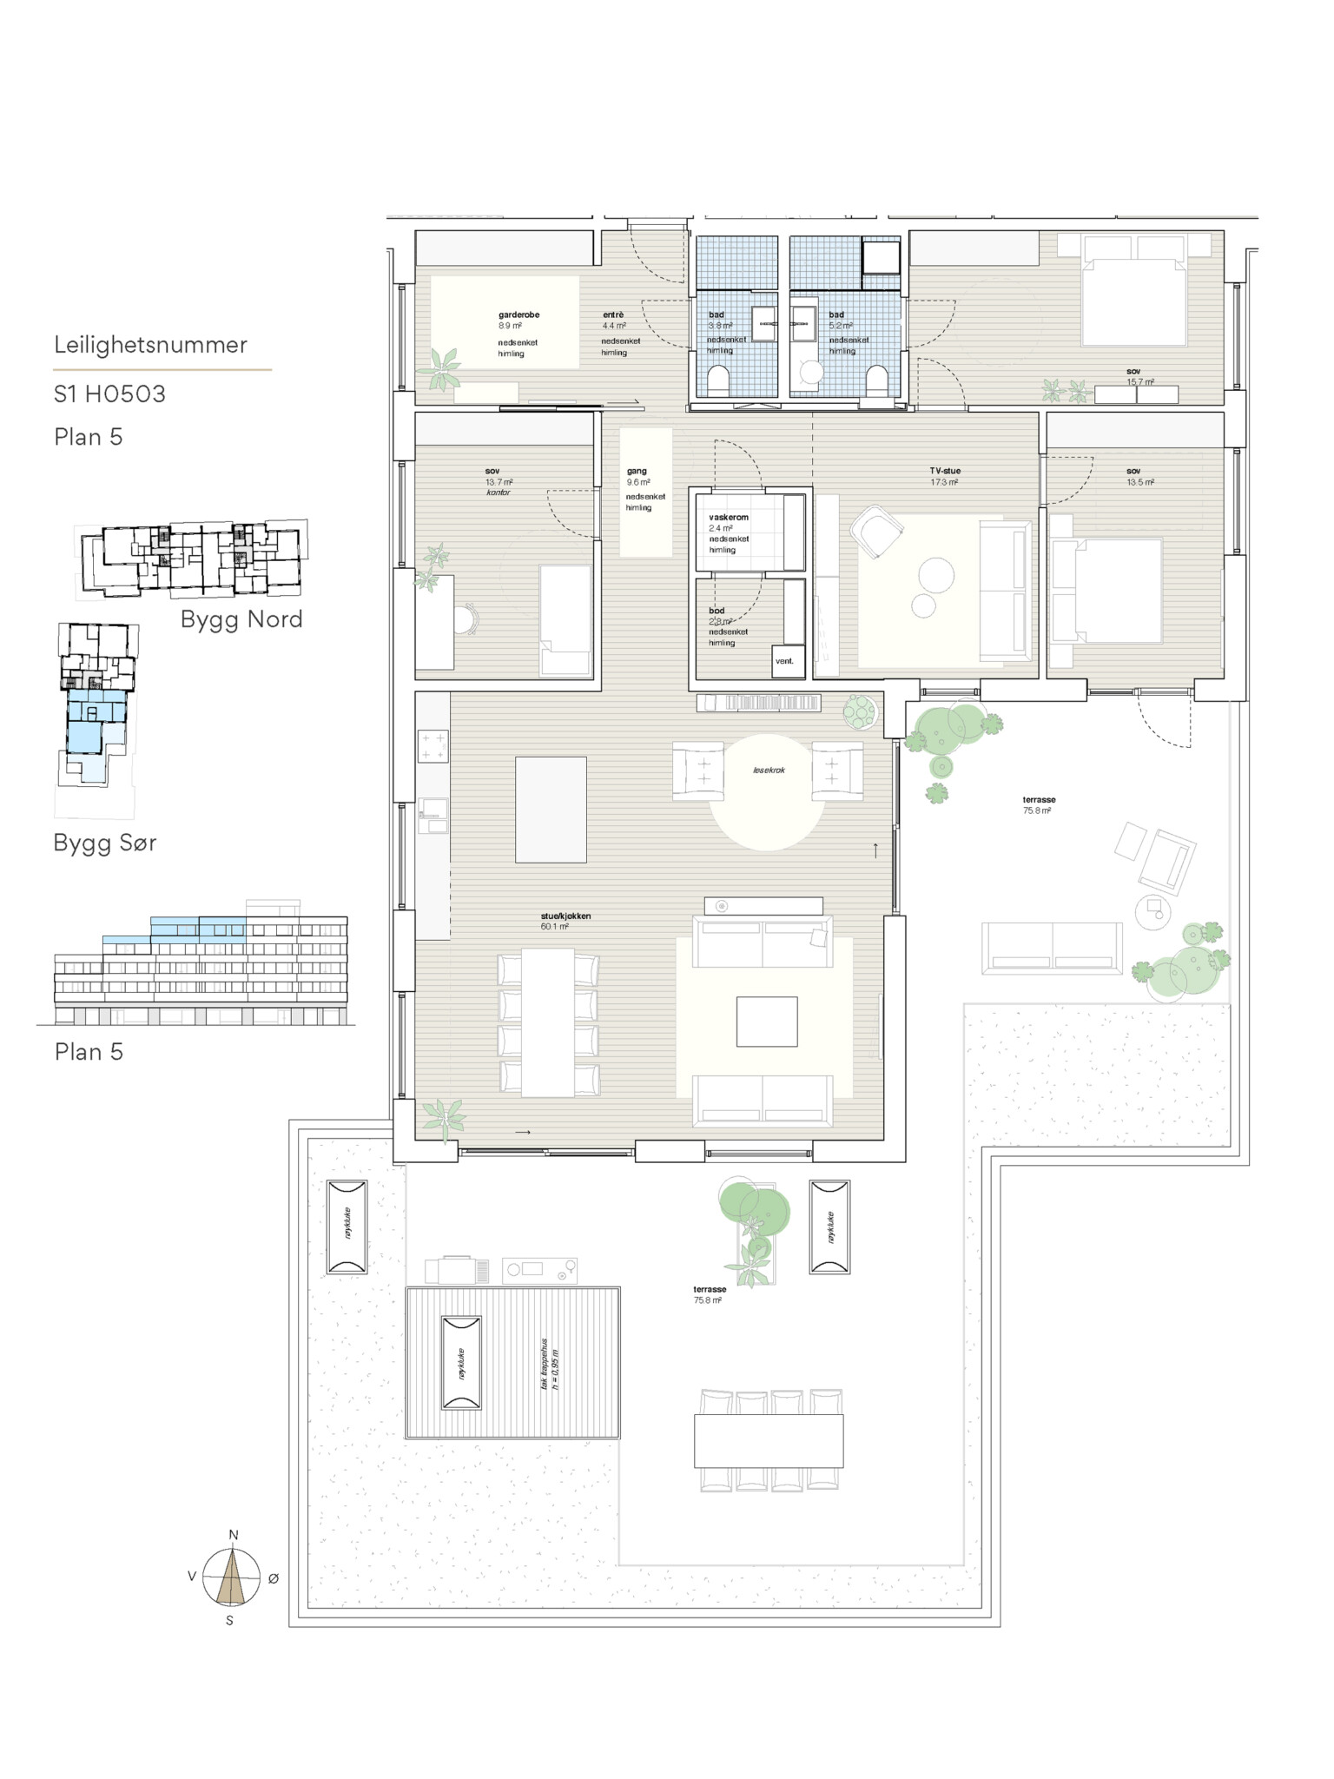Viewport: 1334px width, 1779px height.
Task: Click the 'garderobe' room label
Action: click(x=518, y=315)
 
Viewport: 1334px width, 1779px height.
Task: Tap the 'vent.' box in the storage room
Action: click(x=784, y=661)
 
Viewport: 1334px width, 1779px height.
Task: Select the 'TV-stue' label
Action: click(x=945, y=471)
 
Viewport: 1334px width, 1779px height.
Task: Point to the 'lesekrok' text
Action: click(x=769, y=770)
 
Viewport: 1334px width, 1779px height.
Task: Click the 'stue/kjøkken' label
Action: click(x=565, y=916)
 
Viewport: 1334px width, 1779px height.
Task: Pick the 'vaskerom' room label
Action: click(x=728, y=518)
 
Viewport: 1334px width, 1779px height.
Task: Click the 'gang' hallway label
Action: click(x=637, y=471)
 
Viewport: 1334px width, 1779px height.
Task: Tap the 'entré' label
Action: click(x=613, y=315)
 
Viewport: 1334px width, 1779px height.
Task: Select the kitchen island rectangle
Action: click(x=551, y=810)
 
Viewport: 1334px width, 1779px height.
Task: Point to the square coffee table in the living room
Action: click(x=767, y=1022)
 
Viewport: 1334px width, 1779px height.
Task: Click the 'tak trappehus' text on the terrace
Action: click(x=545, y=1365)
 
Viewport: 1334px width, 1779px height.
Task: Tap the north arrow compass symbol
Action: click(x=231, y=1577)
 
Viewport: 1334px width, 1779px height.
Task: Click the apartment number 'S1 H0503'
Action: click(x=109, y=394)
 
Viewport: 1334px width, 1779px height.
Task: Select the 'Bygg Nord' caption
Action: click(x=241, y=619)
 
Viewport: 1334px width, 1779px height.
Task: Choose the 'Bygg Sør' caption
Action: click(x=105, y=843)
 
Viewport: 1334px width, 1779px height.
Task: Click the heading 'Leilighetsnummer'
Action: click(x=150, y=345)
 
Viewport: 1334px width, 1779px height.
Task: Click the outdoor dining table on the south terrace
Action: click(x=768, y=1441)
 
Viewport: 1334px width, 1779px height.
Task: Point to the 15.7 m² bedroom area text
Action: click(x=1139, y=382)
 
